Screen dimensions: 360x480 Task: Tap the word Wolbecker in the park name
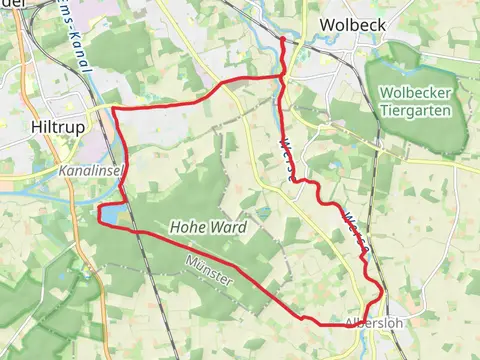(412, 93)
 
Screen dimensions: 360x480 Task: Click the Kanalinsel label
(90, 171)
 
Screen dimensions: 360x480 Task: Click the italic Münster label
(209, 270)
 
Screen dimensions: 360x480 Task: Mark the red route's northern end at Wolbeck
(282, 39)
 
